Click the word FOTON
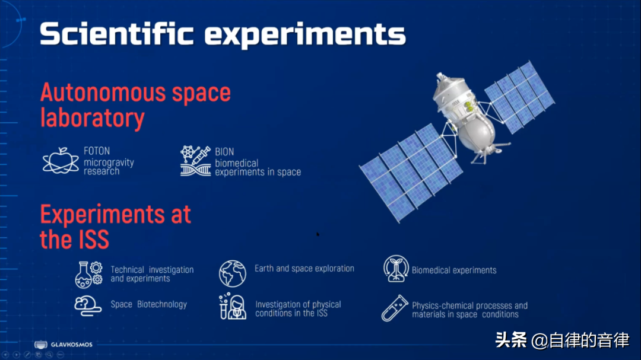pos(97,151)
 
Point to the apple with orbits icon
pos(61,161)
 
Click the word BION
pos(224,152)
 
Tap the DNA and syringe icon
pos(195,161)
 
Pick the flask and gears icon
pos(88,274)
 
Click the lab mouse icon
pos(88,305)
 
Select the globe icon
pos(233,273)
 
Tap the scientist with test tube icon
pos(233,306)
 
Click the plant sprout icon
pos(396,269)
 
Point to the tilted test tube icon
pos(395,308)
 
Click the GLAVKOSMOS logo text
pos(72,345)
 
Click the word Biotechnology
pos(162,304)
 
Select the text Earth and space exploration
pos(304,269)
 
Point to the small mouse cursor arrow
pos(318,234)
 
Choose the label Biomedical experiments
pos(454,270)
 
